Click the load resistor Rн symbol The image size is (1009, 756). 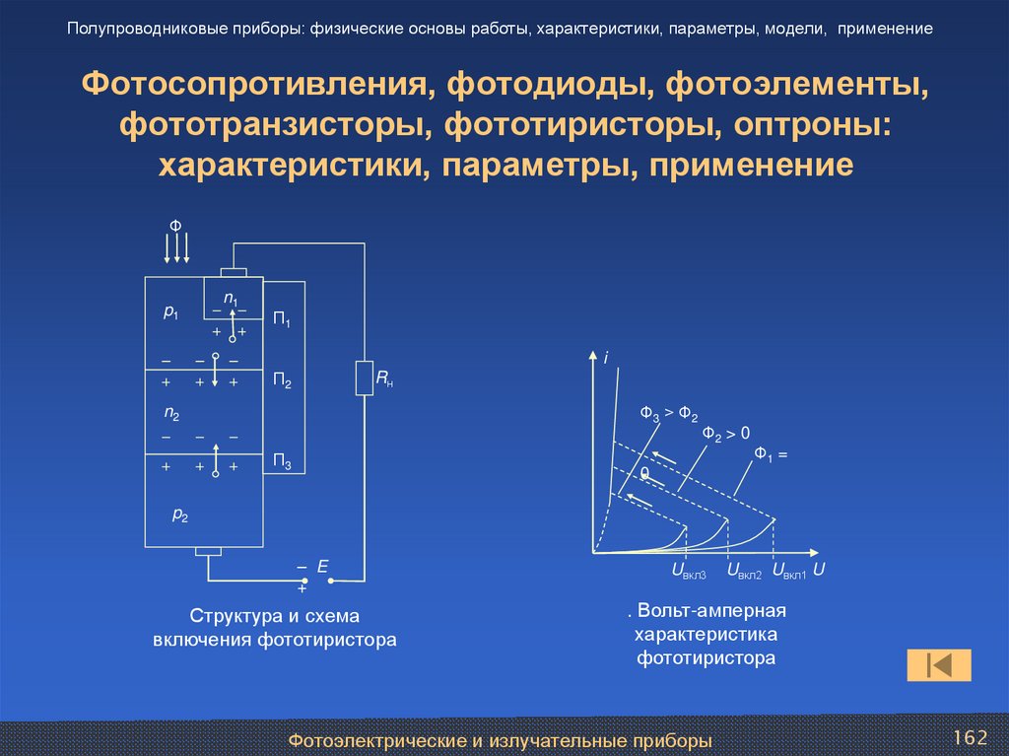click(364, 378)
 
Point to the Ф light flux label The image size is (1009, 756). click(175, 227)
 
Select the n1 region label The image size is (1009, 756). click(230, 298)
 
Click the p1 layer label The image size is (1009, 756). click(170, 312)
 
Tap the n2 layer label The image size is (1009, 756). click(170, 413)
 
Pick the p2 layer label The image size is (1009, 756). click(180, 514)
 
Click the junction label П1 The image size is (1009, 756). click(282, 319)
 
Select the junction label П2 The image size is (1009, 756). click(282, 380)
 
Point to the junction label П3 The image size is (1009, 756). click(282, 462)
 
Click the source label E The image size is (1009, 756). click(321, 567)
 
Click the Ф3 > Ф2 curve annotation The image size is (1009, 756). click(668, 414)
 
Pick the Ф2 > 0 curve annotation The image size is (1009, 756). click(726, 433)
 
